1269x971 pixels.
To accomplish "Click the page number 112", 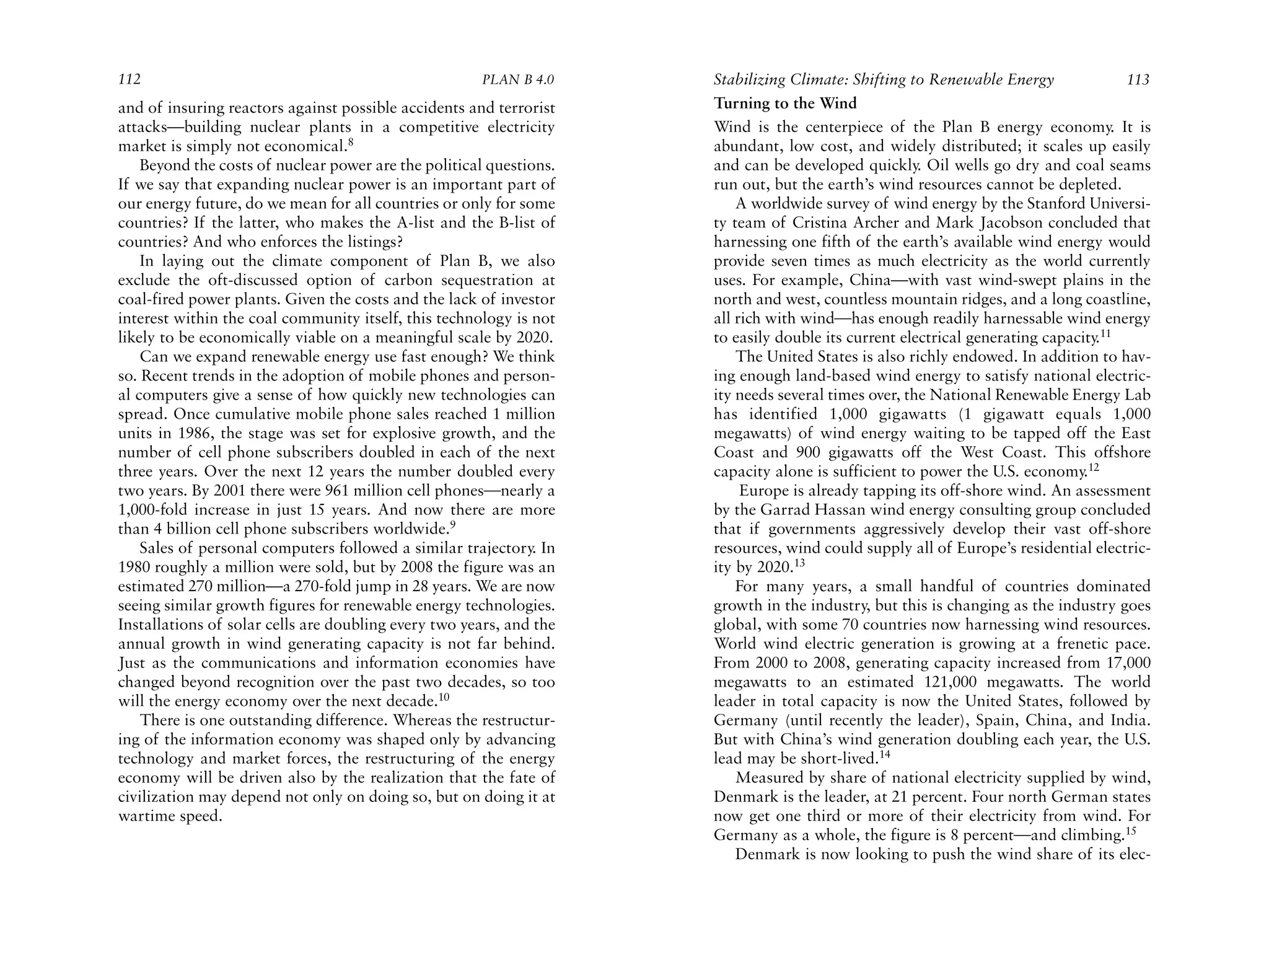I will point(130,80).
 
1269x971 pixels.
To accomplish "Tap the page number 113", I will point(1138,80).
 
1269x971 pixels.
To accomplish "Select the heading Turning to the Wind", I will point(785,103).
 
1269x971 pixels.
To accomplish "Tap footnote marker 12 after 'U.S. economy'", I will point(1094,467).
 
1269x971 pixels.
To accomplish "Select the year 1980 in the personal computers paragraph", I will point(134,568).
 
